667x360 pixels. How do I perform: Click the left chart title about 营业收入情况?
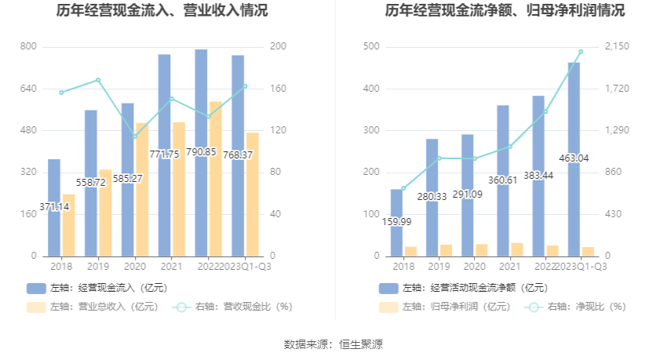pyautogui.click(x=162, y=11)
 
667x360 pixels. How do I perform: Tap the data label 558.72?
pyautogui.click(x=90, y=182)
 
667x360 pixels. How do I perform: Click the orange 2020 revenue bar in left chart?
pyautogui.click(x=141, y=189)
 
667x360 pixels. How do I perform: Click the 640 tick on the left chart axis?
pyautogui.click(x=27, y=89)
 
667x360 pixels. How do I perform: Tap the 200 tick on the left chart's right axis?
pyautogui.click(x=278, y=47)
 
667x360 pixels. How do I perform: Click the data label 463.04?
pyautogui.click(x=574, y=158)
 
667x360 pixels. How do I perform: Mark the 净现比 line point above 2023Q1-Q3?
pyautogui.click(x=581, y=52)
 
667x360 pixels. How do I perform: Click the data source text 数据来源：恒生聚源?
pyautogui.click(x=333, y=344)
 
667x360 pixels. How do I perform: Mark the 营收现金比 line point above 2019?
pyautogui.click(x=98, y=80)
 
